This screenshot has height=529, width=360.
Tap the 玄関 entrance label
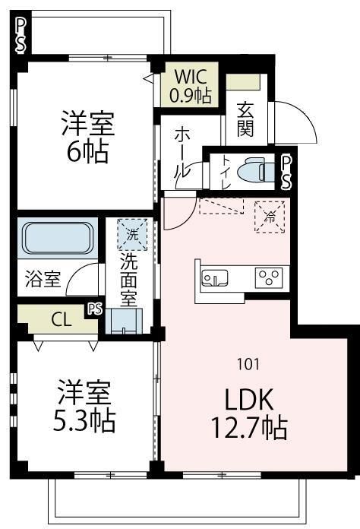246,119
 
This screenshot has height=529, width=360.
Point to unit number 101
248,363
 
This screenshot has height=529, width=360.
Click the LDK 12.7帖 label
248,415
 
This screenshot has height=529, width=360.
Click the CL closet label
62,320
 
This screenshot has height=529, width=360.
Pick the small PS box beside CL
94,309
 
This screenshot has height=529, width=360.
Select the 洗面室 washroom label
131,277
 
